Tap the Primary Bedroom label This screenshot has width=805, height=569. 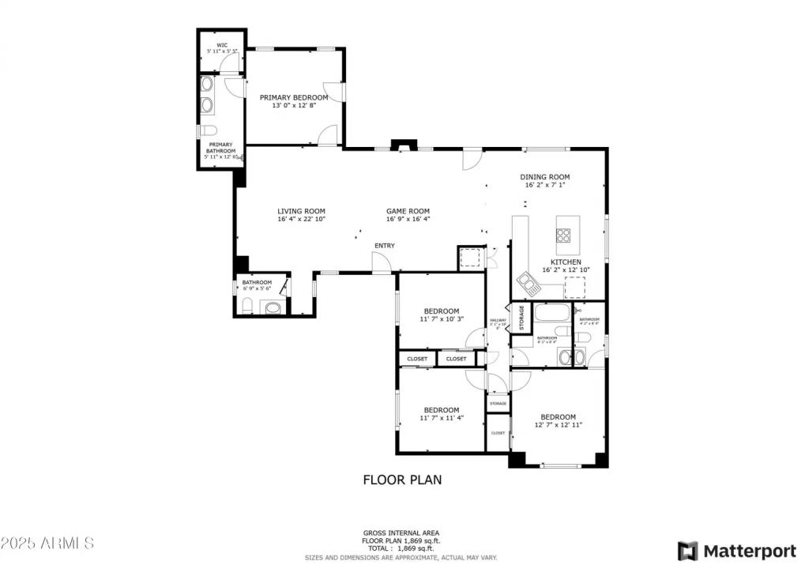[x=294, y=98]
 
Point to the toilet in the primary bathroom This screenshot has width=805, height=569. [x=208, y=130]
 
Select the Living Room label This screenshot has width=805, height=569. [x=301, y=211]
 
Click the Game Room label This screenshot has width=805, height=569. [x=408, y=211]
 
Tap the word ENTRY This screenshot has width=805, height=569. [x=384, y=246]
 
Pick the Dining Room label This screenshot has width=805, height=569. [x=544, y=177]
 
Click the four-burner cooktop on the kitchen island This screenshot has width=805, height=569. [x=565, y=235]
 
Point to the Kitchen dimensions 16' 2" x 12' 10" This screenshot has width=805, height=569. [x=566, y=270]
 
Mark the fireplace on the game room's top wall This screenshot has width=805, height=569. [x=404, y=145]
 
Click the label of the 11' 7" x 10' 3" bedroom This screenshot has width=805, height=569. [x=441, y=311]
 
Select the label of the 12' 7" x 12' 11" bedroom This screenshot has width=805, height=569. [x=558, y=417]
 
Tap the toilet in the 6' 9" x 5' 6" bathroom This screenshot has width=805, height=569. [x=246, y=306]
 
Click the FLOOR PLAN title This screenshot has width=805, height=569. [x=402, y=479]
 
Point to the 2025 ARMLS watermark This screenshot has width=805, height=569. [x=47, y=544]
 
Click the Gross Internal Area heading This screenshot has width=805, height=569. [x=401, y=533]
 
